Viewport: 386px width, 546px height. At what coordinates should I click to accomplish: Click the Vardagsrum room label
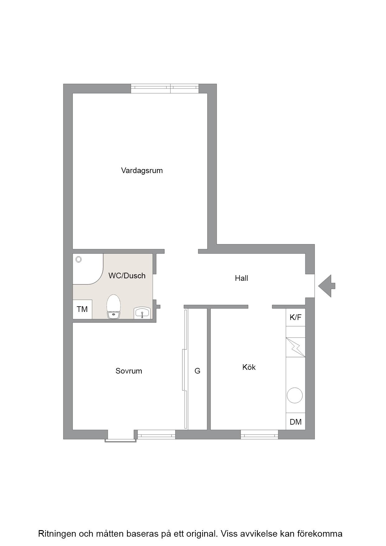[x=142, y=171]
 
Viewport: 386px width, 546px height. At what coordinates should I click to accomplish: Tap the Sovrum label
[x=129, y=371]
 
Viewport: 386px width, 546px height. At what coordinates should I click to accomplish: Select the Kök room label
[x=249, y=367]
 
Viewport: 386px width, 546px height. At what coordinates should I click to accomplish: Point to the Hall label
[x=242, y=278]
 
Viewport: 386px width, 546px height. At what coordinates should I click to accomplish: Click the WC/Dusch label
[x=127, y=275]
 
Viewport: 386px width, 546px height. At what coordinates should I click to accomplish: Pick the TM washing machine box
[x=82, y=309]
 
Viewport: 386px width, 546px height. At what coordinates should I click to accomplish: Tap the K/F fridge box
[x=295, y=317]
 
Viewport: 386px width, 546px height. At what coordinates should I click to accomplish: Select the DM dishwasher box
[x=295, y=421]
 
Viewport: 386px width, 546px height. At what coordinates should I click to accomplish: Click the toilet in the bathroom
[x=114, y=307]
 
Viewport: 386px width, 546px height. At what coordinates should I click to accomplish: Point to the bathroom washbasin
[x=142, y=313]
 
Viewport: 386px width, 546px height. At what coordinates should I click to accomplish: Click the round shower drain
[x=78, y=259]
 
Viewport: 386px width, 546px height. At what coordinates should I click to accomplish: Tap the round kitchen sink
[x=294, y=395]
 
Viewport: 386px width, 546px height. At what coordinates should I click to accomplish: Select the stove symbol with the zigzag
[x=295, y=347]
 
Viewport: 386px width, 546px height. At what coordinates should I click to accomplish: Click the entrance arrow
[x=327, y=286]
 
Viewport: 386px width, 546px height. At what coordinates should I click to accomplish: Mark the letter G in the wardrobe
[x=197, y=371]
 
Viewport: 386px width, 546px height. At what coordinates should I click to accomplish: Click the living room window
[x=165, y=89]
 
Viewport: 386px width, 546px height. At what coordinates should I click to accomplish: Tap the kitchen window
[x=259, y=435]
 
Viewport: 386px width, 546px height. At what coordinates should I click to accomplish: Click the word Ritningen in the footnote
[x=57, y=534]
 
